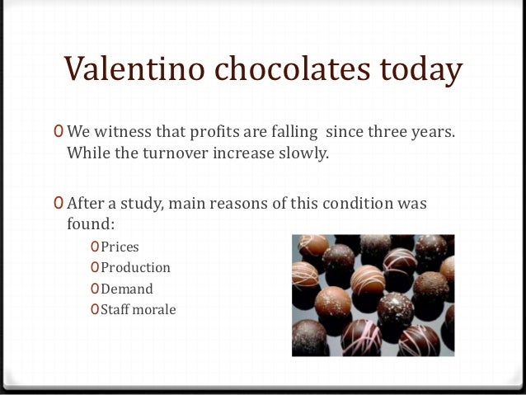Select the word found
(x=86, y=223)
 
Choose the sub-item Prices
(x=120, y=247)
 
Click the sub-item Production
(x=135, y=267)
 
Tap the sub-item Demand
(x=127, y=289)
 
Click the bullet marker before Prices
(x=95, y=247)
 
